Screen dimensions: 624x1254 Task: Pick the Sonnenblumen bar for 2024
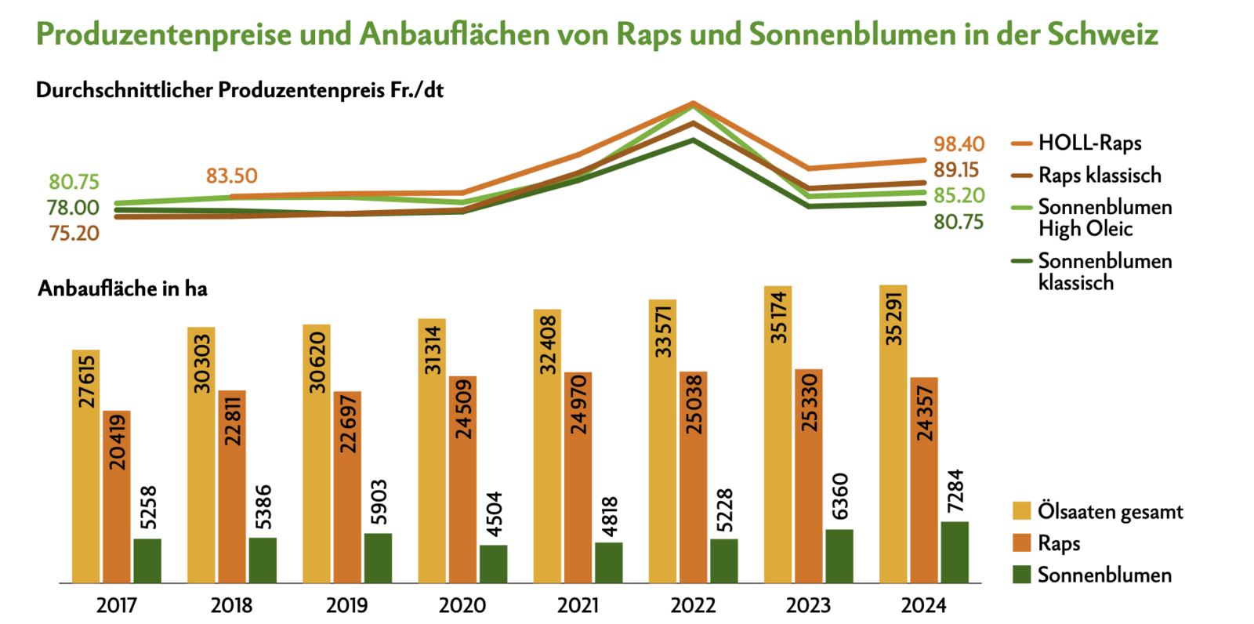coord(955,552)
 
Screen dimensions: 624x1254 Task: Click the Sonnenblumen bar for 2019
coord(378,558)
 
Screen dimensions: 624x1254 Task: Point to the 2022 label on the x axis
coord(693,605)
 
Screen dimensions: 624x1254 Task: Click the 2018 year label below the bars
coord(232,605)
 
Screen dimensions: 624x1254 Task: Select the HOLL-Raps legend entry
coord(1089,143)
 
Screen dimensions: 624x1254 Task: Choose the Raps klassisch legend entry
coord(1100,176)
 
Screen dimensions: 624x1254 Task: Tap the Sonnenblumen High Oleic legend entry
coord(1105,217)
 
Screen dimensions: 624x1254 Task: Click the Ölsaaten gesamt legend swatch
coord(1021,511)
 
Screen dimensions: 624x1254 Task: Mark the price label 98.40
coord(959,144)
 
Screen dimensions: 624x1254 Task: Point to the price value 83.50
coord(232,176)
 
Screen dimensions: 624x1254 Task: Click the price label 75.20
coord(74,234)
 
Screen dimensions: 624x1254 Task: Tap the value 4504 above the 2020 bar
coord(494,514)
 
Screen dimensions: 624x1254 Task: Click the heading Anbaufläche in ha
coord(122,289)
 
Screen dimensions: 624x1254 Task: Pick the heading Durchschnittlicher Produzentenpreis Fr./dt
coord(240,90)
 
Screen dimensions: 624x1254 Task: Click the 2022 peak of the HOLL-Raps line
coord(693,103)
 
